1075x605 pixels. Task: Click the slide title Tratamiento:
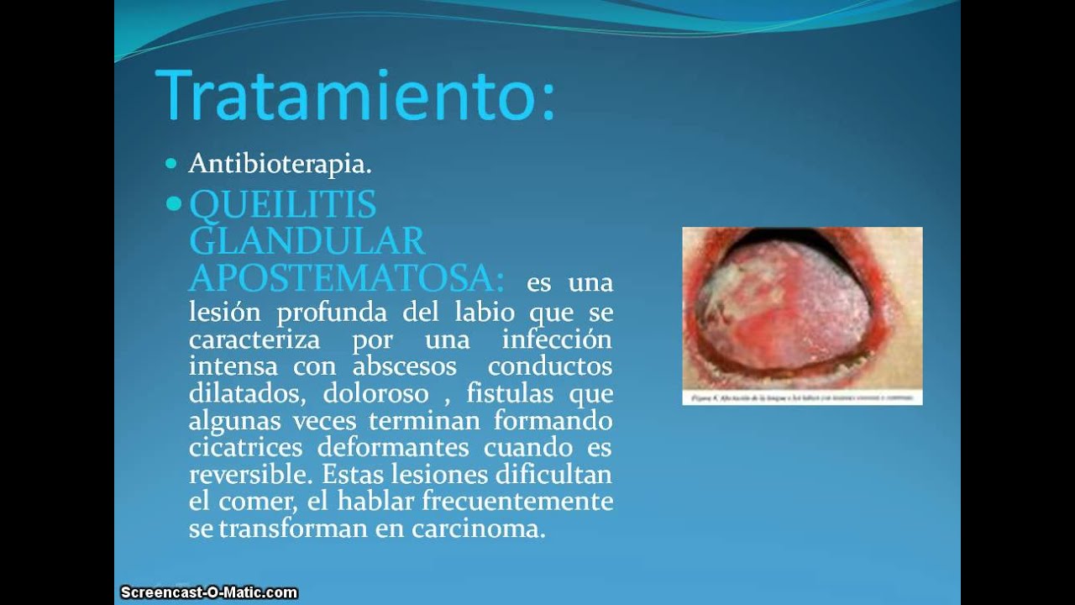pyautogui.click(x=355, y=95)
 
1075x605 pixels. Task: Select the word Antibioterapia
pyautogui.click(x=280, y=164)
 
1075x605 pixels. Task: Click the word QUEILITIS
pyautogui.click(x=282, y=204)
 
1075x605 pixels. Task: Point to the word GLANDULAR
pyautogui.click(x=307, y=241)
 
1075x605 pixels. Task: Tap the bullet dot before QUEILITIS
pyautogui.click(x=174, y=204)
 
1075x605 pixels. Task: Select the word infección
pyautogui.click(x=557, y=339)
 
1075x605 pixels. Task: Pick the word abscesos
pyautogui.click(x=404, y=366)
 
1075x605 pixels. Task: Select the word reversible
pyautogui.click(x=249, y=474)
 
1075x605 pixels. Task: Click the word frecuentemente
pyautogui.click(x=517, y=501)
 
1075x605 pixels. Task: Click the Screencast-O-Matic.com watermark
pyautogui.click(x=208, y=592)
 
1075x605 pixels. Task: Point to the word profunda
pyautogui.click(x=334, y=313)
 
